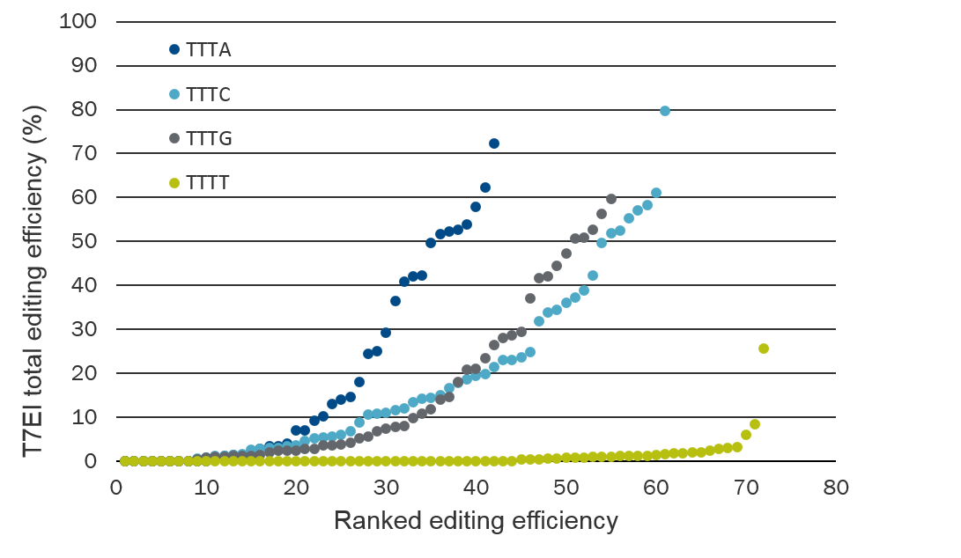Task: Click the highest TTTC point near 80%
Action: click(665, 111)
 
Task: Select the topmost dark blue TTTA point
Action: click(494, 143)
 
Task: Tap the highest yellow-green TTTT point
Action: click(764, 349)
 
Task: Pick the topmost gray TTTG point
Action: click(611, 199)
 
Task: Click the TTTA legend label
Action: click(209, 50)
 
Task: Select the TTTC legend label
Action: click(209, 95)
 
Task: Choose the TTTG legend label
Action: click(209, 139)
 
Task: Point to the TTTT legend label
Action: click(209, 183)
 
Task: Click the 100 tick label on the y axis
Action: click(78, 21)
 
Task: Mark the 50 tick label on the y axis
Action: click(84, 241)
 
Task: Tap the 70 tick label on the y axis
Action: click(84, 153)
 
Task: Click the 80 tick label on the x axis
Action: click(836, 487)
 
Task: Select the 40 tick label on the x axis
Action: click(476, 487)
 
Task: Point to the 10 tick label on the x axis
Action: click(206, 487)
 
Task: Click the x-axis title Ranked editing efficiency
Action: click(476, 521)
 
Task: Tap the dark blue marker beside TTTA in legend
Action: click(174, 50)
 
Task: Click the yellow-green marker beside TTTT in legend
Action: click(174, 183)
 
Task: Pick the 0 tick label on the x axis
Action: click(116, 487)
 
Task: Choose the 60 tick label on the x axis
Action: click(655, 487)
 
